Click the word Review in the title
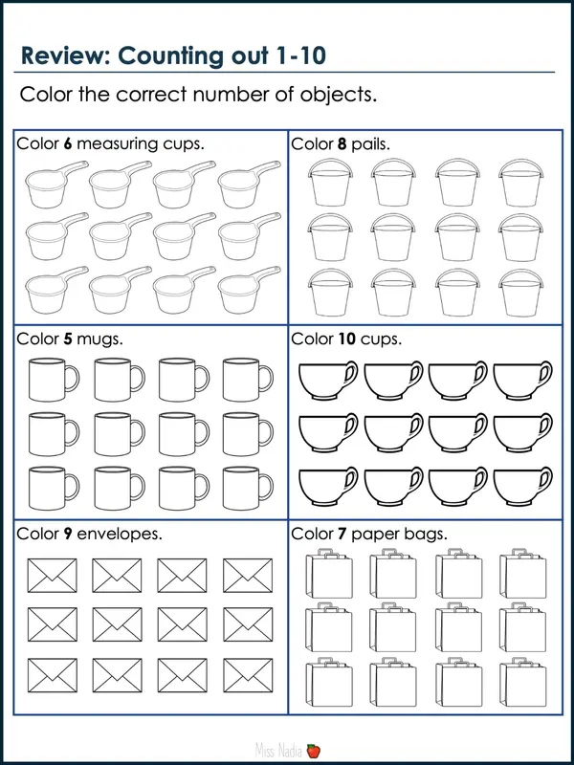tap(64, 55)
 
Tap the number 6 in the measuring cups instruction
tap(68, 144)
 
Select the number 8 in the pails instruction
tap(342, 144)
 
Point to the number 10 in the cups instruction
tap(346, 339)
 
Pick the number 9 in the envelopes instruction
tap(68, 533)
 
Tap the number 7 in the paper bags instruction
tap(342, 533)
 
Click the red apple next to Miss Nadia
tap(313, 753)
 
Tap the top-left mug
tap(48, 380)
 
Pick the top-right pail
tap(518, 181)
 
